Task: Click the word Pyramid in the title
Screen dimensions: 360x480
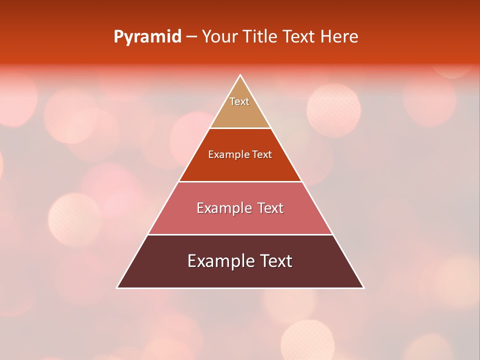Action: pos(147,37)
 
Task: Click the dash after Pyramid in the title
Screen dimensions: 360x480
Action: pos(191,37)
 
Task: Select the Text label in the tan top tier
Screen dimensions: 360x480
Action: pos(239,101)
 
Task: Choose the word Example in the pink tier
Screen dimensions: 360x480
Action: pos(224,208)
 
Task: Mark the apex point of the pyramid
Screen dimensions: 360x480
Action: pos(240,75)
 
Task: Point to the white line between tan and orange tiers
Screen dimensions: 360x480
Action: pos(240,128)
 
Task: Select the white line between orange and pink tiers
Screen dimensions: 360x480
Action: pos(240,181)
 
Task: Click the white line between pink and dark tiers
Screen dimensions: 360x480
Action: pos(240,234)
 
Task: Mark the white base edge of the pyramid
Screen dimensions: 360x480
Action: pos(240,288)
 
